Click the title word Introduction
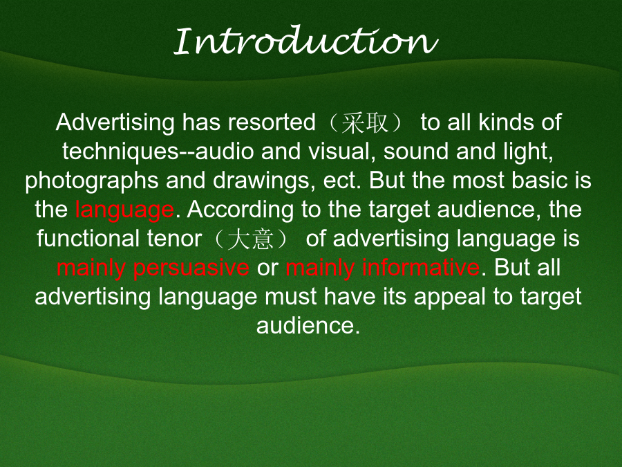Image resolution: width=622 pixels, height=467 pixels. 306,42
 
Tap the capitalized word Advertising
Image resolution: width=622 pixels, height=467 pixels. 115,122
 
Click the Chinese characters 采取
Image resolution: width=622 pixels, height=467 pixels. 364,122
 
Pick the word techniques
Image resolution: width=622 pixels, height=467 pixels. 120,152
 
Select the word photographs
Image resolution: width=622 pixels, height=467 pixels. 92,181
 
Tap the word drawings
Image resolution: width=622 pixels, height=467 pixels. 261,181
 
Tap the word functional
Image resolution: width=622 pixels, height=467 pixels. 88,239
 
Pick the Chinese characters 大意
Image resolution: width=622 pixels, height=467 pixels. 250,239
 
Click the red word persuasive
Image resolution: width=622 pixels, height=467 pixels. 191,268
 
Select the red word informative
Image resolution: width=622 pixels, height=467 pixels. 420,268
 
